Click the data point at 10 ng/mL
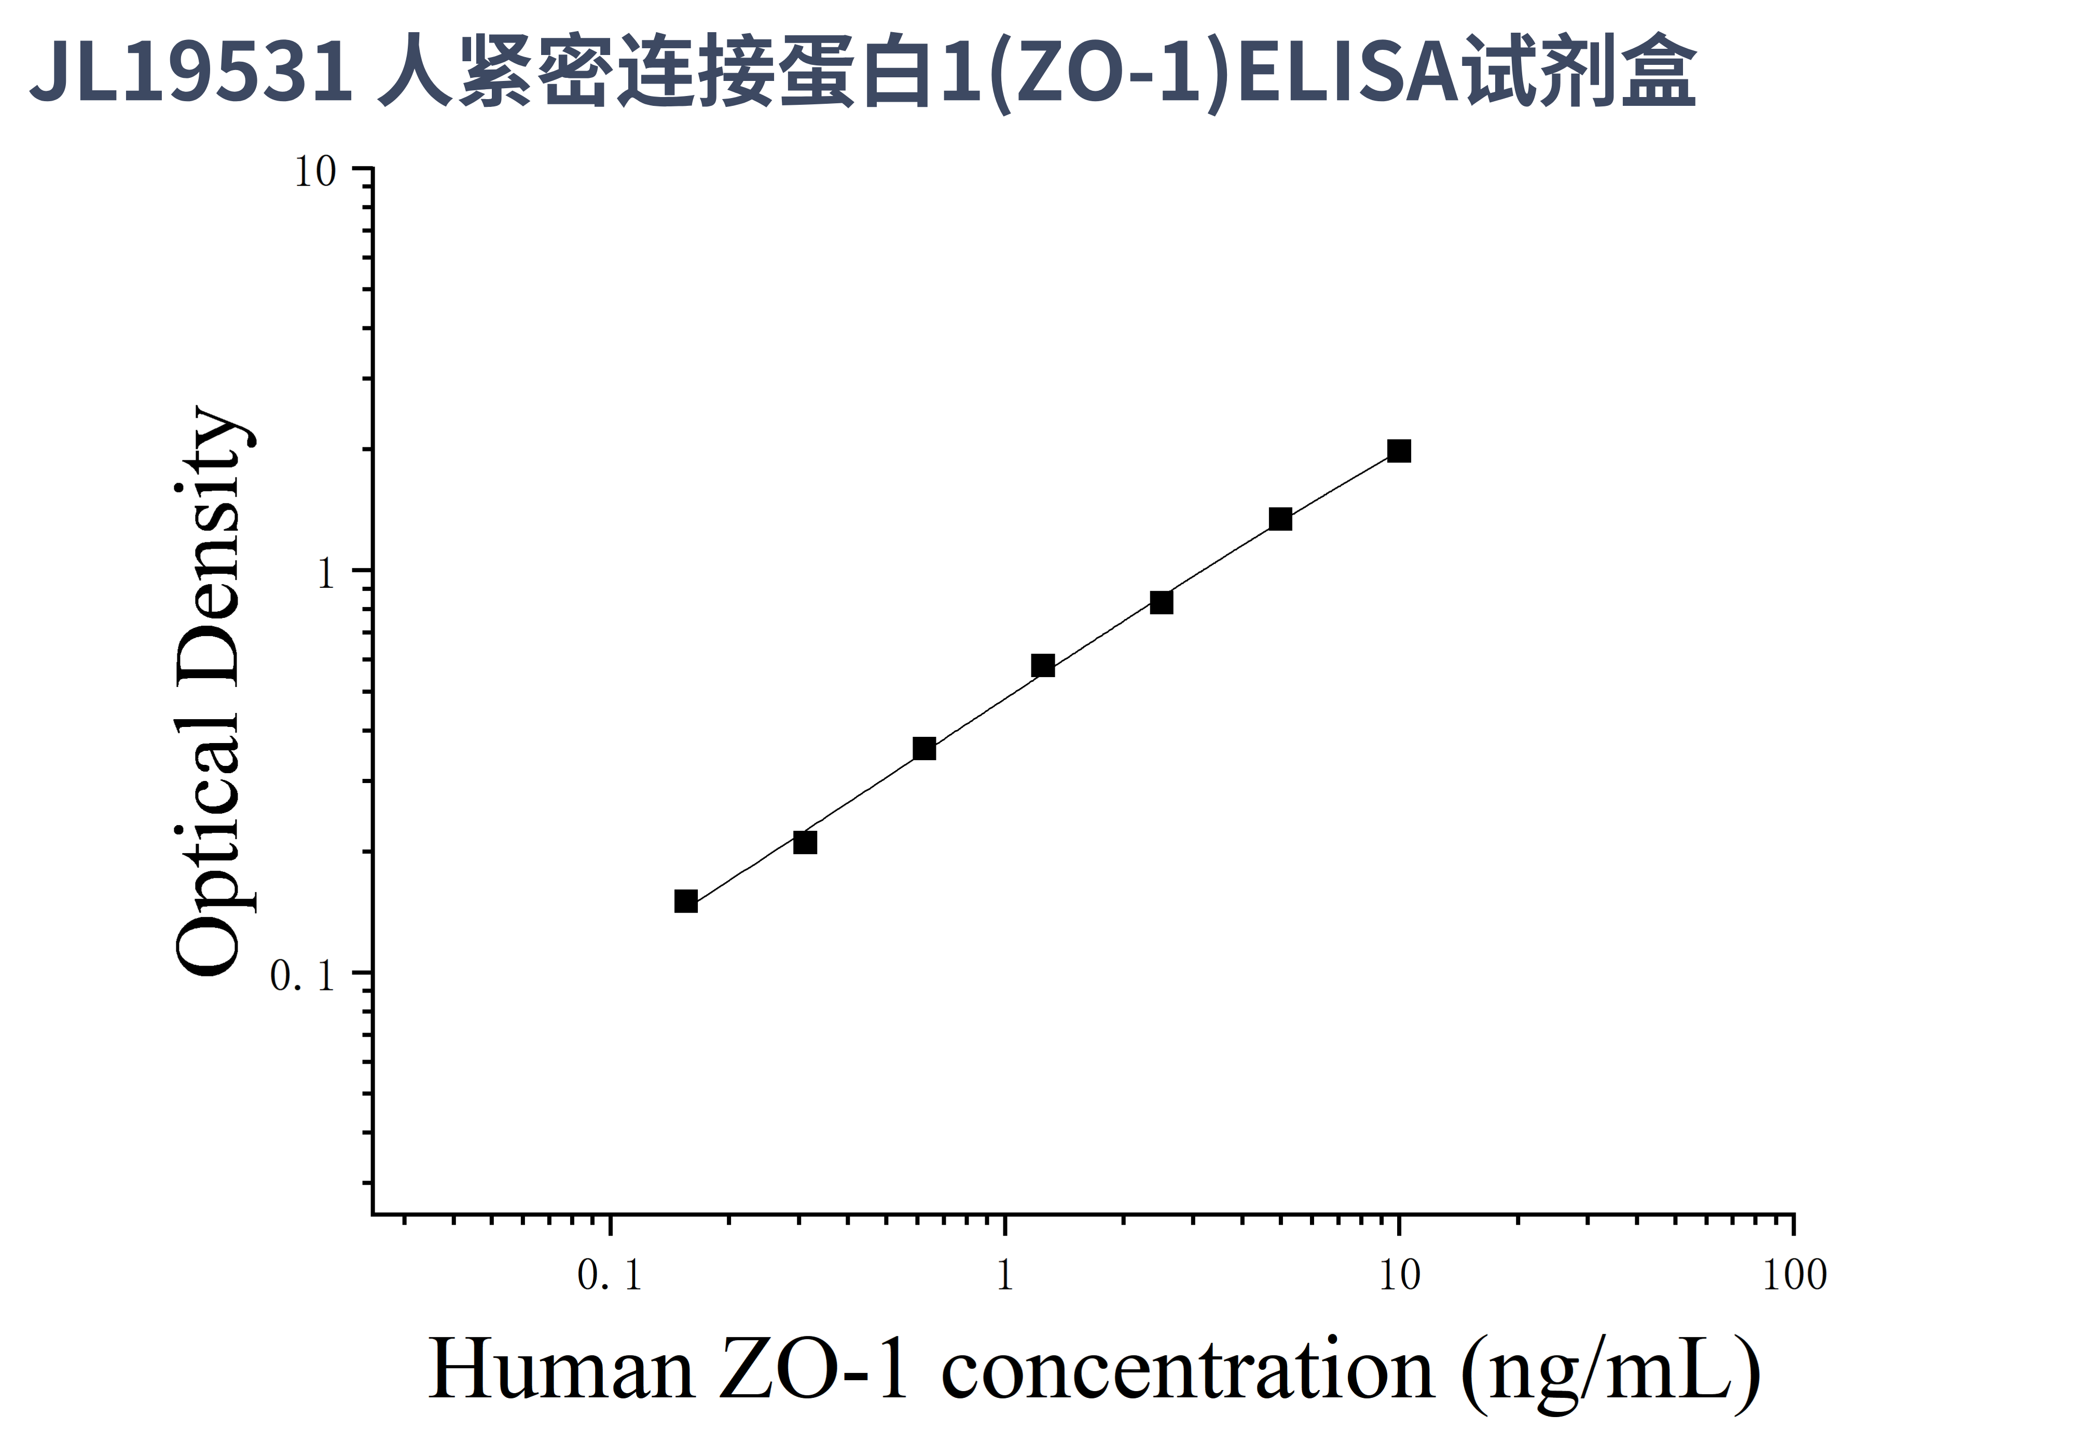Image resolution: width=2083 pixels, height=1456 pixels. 1399,451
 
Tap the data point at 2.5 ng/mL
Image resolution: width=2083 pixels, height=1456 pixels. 1161,602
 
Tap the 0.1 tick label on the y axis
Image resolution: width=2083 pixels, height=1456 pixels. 303,976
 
